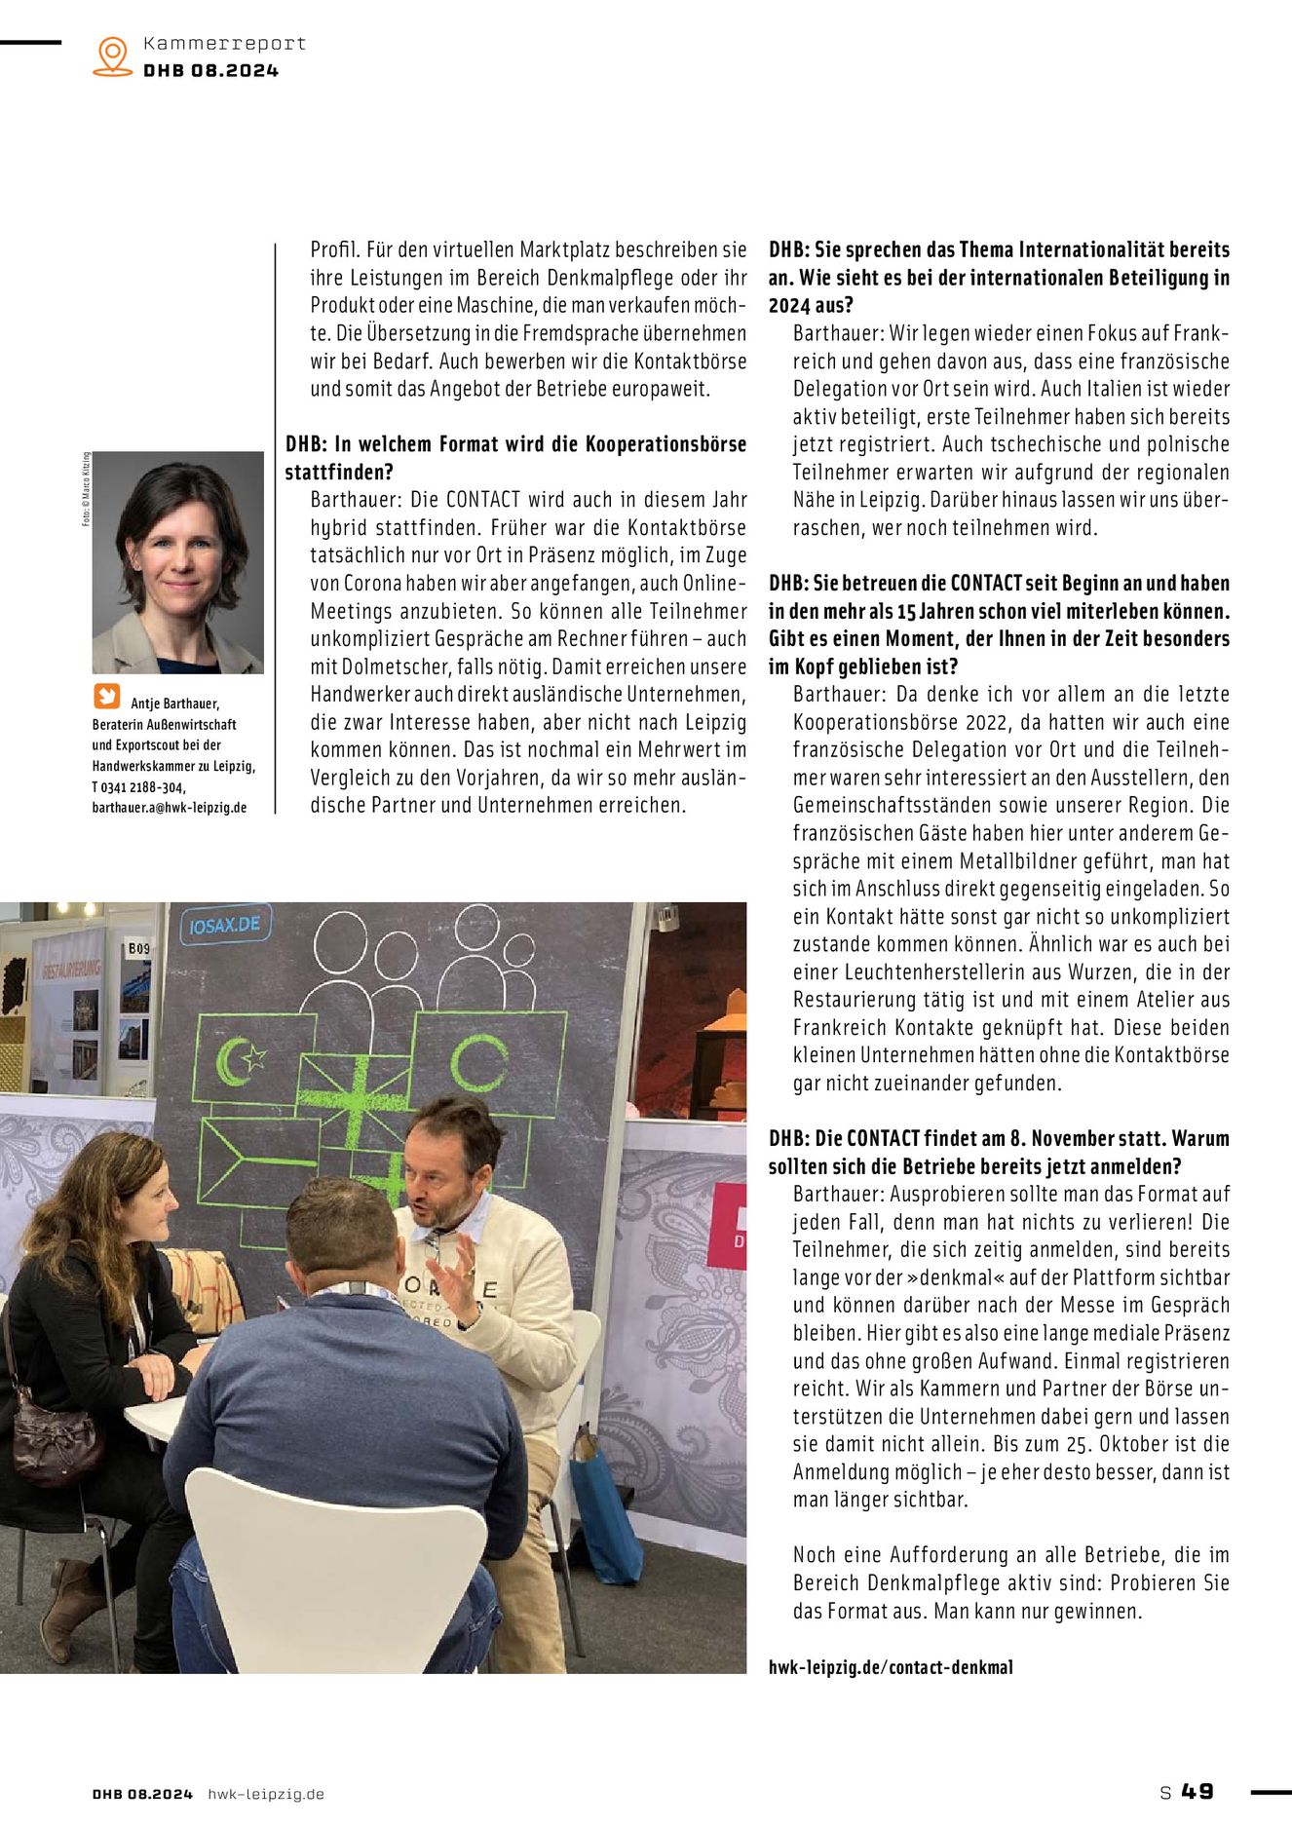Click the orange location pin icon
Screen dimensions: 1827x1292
coord(113,56)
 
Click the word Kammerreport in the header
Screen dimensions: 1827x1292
coord(224,43)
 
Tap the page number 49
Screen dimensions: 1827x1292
coord(1197,1792)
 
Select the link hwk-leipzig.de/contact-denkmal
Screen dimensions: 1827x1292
coord(891,1667)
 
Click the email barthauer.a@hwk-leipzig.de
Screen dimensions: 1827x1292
coord(170,808)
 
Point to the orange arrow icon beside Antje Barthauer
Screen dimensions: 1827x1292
coord(106,697)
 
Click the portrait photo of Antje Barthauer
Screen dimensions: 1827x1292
coord(178,562)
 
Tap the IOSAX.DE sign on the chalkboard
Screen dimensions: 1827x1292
coord(225,924)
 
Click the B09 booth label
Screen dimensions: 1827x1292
coord(139,948)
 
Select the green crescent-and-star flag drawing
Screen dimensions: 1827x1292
coord(242,1059)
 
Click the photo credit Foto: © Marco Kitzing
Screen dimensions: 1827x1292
coord(86,489)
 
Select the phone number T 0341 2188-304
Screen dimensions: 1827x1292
coord(139,787)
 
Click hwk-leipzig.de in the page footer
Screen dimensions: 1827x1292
coord(266,1794)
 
